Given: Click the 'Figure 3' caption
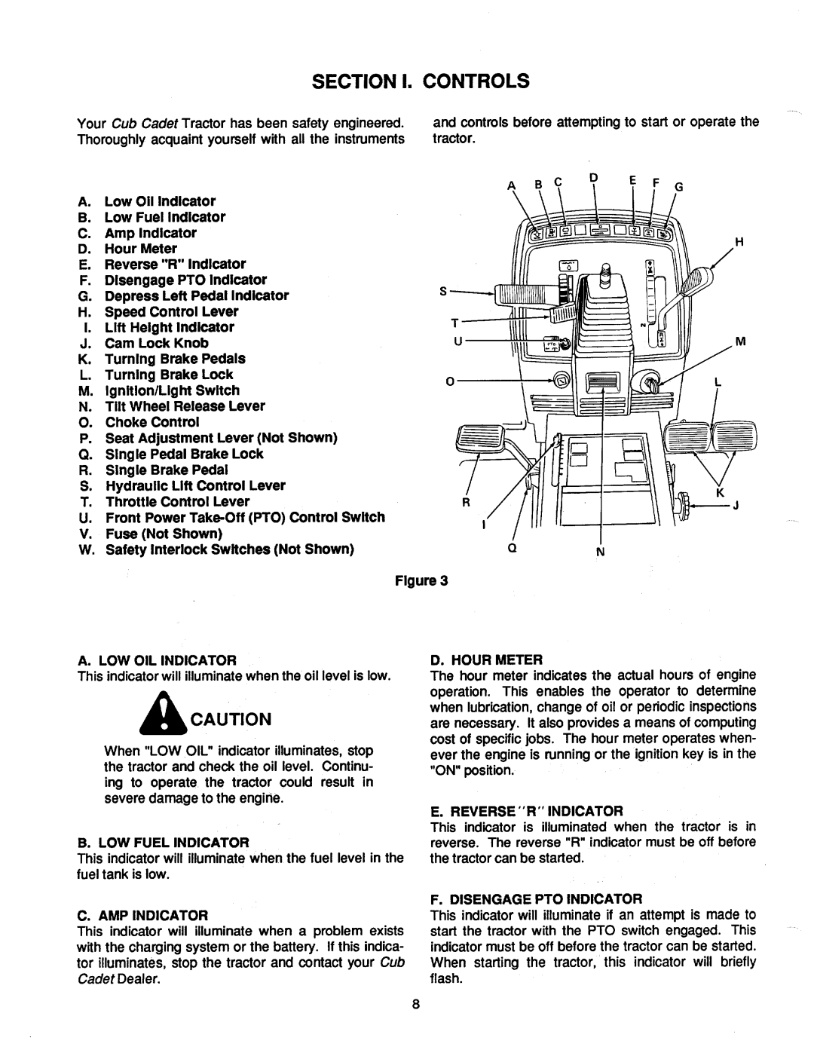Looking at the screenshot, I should click(430, 580).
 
